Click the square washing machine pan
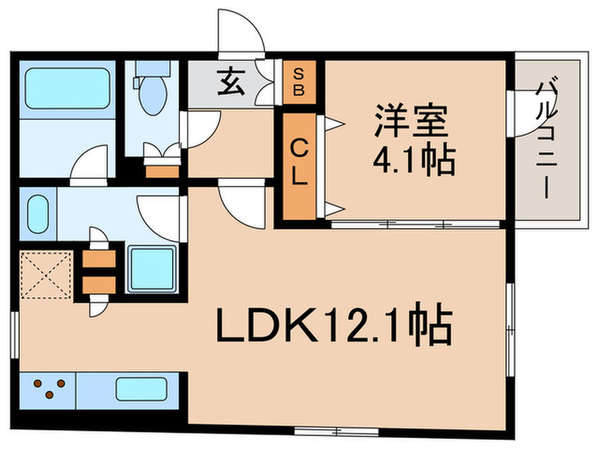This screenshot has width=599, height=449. tap(151, 268)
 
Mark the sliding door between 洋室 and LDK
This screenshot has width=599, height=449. tap(415, 224)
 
